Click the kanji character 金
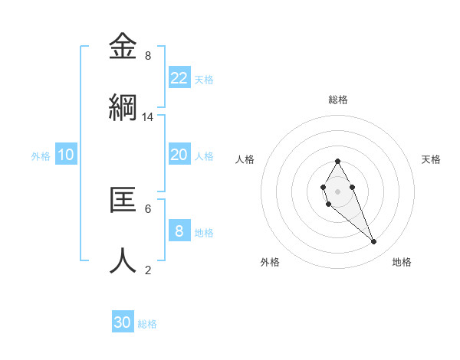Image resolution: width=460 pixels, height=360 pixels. [x=123, y=46]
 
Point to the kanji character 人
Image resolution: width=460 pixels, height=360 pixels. [x=123, y=260]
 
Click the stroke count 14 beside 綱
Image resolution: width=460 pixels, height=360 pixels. [x=148, y=117]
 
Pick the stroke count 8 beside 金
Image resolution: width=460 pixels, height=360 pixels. [x=148, y=56]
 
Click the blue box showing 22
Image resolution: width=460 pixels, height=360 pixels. [x=179, y=78]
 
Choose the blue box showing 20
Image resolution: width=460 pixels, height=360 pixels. [x=179, y=155]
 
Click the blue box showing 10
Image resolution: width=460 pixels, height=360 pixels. [x=66, y=155]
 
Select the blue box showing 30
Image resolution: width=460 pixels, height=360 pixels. [x=123, y=322]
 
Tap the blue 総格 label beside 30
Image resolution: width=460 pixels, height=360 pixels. [x=147, y=324]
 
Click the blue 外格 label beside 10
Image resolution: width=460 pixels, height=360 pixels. [x=41, y=156]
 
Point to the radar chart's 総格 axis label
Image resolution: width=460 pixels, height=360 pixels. [x=338, y=100]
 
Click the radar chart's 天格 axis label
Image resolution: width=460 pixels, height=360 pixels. [x=431, y=159]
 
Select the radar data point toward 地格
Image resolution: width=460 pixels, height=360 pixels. [x=374, y=242]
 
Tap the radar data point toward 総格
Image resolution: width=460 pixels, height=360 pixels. [x=337, y=161]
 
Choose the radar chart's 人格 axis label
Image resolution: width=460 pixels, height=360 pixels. [x=245, y=159]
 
